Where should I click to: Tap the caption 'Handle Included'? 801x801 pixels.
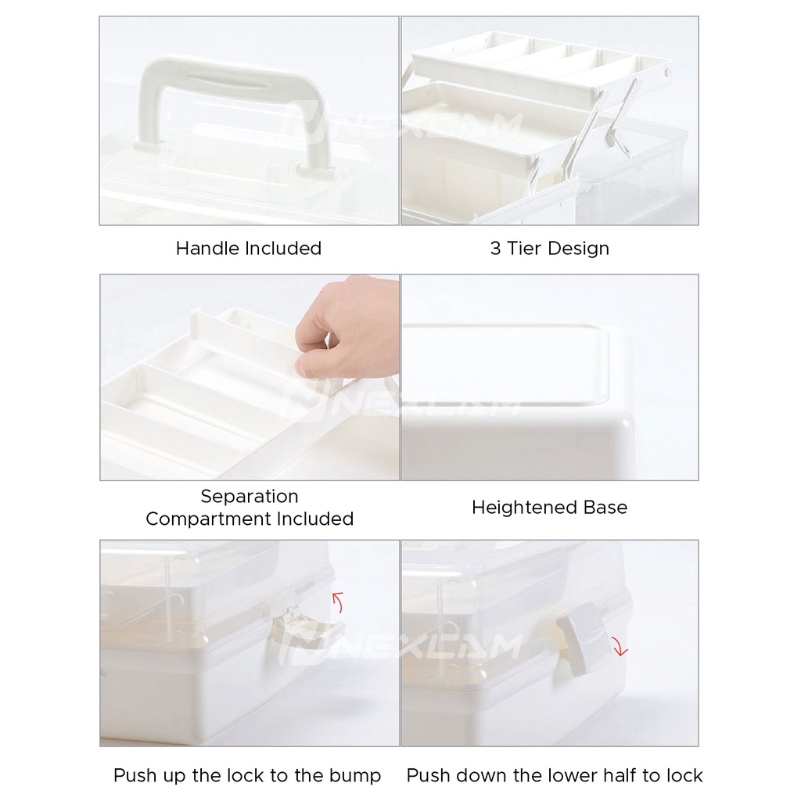(x=249, y=248)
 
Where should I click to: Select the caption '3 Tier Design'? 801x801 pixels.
(x=550, y=248)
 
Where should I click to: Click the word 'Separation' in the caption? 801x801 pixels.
(x=250, y=496)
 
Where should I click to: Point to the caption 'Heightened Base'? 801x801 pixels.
(x=550, y=507)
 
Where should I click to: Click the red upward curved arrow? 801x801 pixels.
(x=338, y=602)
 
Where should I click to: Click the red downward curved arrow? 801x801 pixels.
(x=620, y=646)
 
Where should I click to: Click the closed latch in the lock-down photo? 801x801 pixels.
(x=582, y=640)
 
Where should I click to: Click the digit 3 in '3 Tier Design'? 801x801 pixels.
(x=495, y=248)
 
